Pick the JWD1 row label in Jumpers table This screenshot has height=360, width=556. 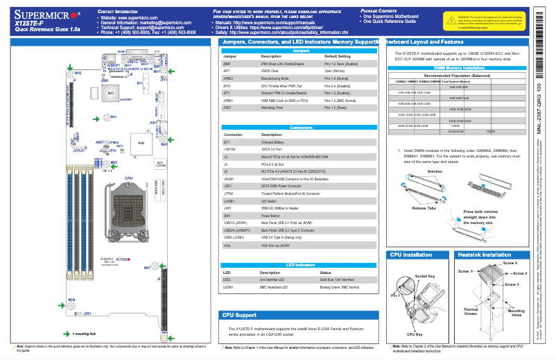coord(227,108)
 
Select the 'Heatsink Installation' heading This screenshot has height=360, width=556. coord(485,255)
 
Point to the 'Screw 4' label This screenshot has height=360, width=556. coord(510,264)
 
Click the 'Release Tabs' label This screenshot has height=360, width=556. coord(424,207)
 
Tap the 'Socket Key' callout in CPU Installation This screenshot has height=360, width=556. coord(424,276)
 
